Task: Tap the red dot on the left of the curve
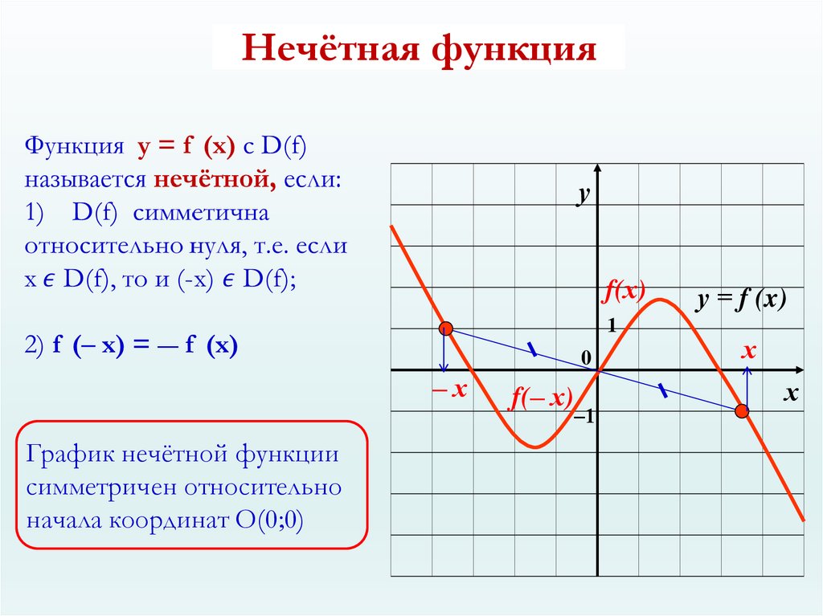(446, 328)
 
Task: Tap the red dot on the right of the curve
(742, 411)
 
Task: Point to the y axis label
(584, 195)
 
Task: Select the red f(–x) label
(539, 399)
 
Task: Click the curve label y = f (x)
(740, 300)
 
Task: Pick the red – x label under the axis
(449, 390)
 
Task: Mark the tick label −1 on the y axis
(583, 418)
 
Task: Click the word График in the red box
(71, 454)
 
